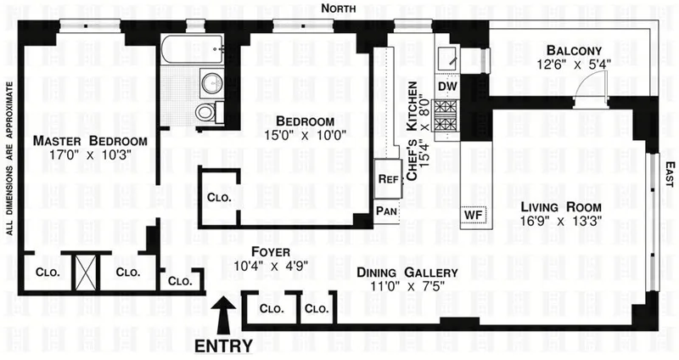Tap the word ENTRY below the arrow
pyautogui.click(x=223, y=346)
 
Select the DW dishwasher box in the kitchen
pyautogui.click(x=446, y=86)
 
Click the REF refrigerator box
pyautogui.click(x=388, y=180)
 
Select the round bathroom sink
pyautogui.click(x=210, y=83)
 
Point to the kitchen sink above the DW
pyautogui.click(x=447, y=58)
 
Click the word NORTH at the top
pyautogui.click(x=339, y=8)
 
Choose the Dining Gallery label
pyautogui.click(x=407, y=273)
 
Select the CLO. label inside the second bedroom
pyautogui.click(x=217, y=198)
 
